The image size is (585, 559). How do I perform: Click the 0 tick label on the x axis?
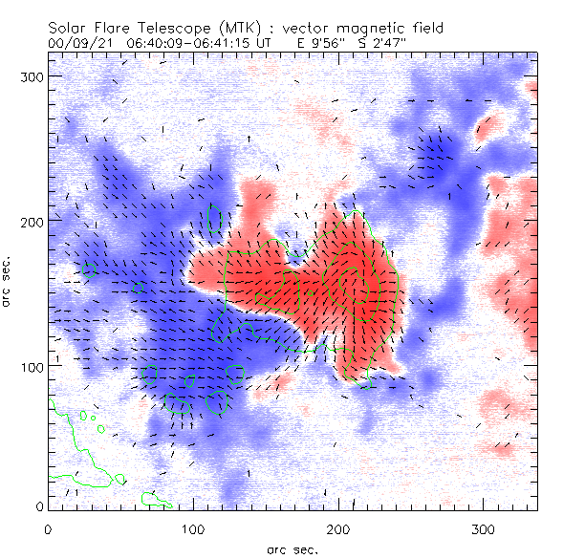pyautogui.click(x=48, y=528)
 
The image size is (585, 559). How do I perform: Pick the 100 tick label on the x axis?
pyautogui.click(x=194, y=528)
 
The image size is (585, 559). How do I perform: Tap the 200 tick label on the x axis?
pyautogui.click(x=339, y=528)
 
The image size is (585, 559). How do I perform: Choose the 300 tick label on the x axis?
pyautogui.click(x=485, y=528)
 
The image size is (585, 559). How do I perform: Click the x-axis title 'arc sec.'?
pyautogui.click(x=292, y=548)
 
